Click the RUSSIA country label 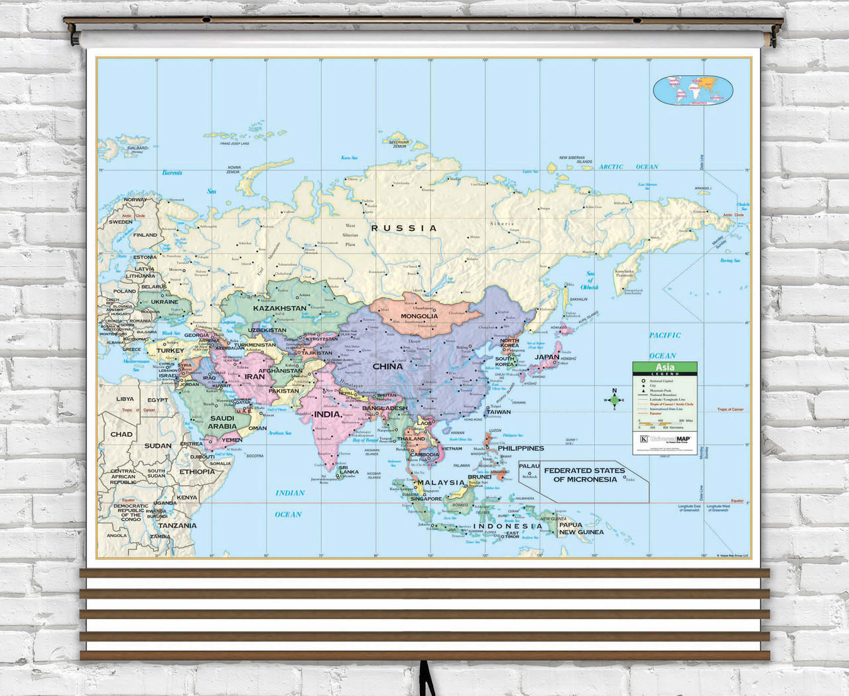click(404, 228)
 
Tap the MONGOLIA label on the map click(419, 316)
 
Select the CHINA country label click(387, 366)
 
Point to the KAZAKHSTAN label click(279, 309)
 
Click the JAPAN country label click(547, 357)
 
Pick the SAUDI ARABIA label click(222, 423)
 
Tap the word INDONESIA click(508, 526)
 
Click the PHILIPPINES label click(521, 449)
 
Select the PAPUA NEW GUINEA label click(581, 528)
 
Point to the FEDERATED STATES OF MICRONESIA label click(584, 474)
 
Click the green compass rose click(614, 399)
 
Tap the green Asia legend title click(665, 367)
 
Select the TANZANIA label click(177, 525)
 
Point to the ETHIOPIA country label click(197, 472)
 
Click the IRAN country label click(255, 376)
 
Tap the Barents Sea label click(172, 173)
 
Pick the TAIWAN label click(499, 412)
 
